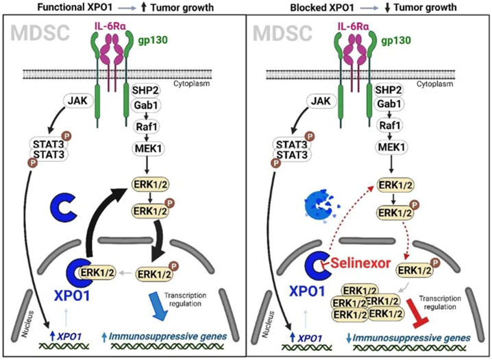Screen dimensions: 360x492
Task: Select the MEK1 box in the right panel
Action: (389, 147)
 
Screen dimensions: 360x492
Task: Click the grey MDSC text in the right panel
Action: (278, 32)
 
